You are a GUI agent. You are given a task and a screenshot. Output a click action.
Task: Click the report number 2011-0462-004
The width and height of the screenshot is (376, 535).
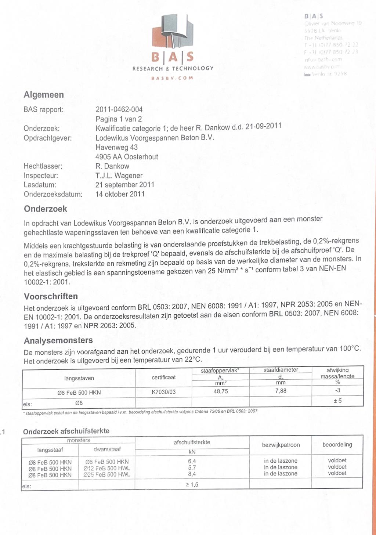point(119,109)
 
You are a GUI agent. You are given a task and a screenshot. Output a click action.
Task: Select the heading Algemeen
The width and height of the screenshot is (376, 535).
point(44,95)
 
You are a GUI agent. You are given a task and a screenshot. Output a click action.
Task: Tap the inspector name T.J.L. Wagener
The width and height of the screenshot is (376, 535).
point(119,176)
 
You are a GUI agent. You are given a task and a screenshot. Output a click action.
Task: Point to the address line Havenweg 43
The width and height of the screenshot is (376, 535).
point(116,147)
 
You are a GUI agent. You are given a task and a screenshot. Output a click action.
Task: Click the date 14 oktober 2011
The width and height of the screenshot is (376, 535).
point(120,194)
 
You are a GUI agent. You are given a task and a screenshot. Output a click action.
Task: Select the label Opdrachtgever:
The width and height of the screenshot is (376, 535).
point(47,138)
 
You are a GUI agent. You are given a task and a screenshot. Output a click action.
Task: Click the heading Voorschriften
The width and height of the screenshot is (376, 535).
point(51,296)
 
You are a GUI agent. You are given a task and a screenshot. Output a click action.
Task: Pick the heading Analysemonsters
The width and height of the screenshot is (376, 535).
point(58,340)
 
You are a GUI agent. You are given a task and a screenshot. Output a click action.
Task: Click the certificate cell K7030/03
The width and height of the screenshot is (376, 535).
point(163,392)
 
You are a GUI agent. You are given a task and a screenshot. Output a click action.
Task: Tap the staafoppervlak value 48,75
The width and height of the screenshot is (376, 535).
point(221,391)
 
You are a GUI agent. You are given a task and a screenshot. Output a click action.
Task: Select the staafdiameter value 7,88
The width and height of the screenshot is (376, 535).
point(281,391)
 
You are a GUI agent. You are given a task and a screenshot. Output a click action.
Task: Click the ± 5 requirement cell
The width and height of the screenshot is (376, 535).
point(337,401)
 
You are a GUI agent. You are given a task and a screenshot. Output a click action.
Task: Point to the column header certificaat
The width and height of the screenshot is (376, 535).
point(163,377)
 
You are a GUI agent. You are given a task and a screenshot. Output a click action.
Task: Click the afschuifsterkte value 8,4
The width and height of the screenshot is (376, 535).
point(192,474)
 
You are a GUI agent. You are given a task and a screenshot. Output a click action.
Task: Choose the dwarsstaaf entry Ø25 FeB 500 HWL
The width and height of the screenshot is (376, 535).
point(106,474)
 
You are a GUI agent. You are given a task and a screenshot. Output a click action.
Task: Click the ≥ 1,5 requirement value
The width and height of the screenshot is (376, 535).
point(192,485)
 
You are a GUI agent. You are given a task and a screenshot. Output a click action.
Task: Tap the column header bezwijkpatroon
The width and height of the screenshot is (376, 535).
point(281,445)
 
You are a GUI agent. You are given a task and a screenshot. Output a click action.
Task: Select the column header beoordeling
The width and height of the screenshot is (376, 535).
point(337,445)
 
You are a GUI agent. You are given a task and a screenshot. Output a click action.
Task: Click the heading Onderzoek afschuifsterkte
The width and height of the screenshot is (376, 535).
point(66,431)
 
